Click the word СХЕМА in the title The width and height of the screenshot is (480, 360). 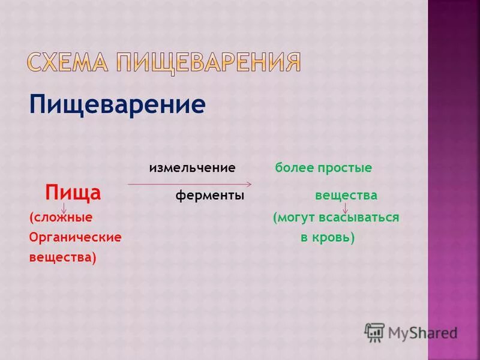click(x=69, y=62)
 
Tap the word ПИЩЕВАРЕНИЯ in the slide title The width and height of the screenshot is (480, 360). click(x=208, y=62)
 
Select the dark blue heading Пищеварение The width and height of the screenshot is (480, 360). click(x=117, y=106)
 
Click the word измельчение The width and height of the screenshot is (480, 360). click(x=192, y=168)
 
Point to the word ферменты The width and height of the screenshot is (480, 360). click(x=210, y=196)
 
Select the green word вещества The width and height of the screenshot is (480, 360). click(x=346, y=196)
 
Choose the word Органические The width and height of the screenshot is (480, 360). click(x=75, y=237)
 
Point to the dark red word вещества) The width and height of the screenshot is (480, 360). click(x=62, y=257)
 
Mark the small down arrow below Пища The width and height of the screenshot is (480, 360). click(x=64, y=208)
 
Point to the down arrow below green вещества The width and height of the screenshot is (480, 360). click(x=346, y=208)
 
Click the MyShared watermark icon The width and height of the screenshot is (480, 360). click(x=374, y=332)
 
